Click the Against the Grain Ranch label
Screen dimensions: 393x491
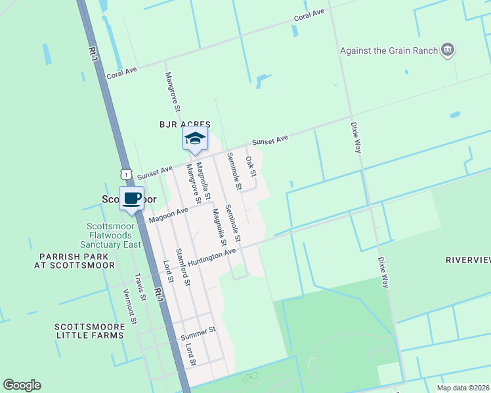(390, 50)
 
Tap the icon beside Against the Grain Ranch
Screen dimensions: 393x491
(448, 50)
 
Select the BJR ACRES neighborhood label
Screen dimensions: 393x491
(184, 124)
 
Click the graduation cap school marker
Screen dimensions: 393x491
(195, 139)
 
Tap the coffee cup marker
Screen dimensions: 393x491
(132, 198)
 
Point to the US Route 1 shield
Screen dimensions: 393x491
(125, 174)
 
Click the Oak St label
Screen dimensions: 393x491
(251, 166)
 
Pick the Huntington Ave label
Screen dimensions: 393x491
(211, 256)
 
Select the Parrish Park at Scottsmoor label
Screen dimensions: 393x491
(77, 261)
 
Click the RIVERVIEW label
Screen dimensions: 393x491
(467, 260)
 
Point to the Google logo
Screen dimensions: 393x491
(22, 385)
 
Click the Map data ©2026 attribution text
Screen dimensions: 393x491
(462, 388)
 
